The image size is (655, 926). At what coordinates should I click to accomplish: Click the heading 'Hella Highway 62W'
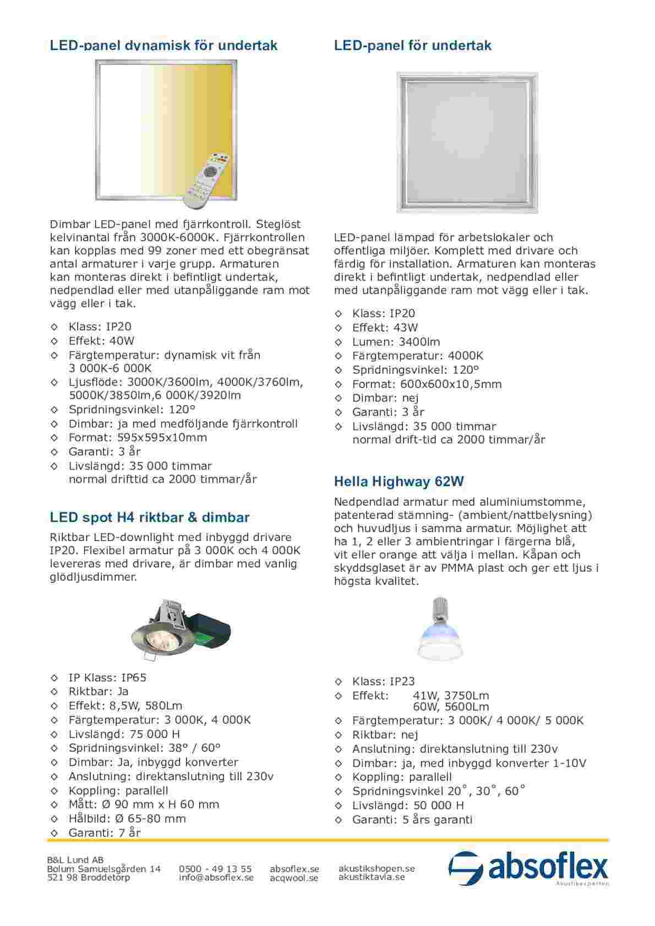pyautogui.click(x=399, y=482)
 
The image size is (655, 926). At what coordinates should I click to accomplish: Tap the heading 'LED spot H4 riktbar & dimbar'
pyautogui.click(x=150, y=517)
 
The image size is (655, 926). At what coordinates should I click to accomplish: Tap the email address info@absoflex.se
pyautogui.click(x=216, y=878)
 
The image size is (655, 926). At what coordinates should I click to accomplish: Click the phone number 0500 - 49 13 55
pyautogui.click(x=215, y=869)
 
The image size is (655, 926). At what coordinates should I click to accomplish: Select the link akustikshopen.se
pyautogui.click(x=376, y=868)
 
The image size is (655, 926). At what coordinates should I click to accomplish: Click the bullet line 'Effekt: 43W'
pyautogui.click(x=385, y=328)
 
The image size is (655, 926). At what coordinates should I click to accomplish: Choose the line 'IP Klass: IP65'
pyautogui.click(x=107, y=677)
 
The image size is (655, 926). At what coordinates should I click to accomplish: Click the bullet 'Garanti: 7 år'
pyautogui.click(x=105, y=833)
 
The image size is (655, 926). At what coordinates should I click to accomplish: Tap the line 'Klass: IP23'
pyautogui.click(x=384, y=682)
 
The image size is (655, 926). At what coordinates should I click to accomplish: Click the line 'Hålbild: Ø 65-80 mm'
pyautogui.click(x=127, y=818)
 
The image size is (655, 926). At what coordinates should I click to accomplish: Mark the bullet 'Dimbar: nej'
pyautogui.click(x=385, y=398)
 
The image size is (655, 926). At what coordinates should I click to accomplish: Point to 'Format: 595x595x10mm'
pyautogui.click(x=138, y=438)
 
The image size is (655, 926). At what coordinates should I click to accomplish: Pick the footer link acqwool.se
pyautogui.click(x=294, y=878)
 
